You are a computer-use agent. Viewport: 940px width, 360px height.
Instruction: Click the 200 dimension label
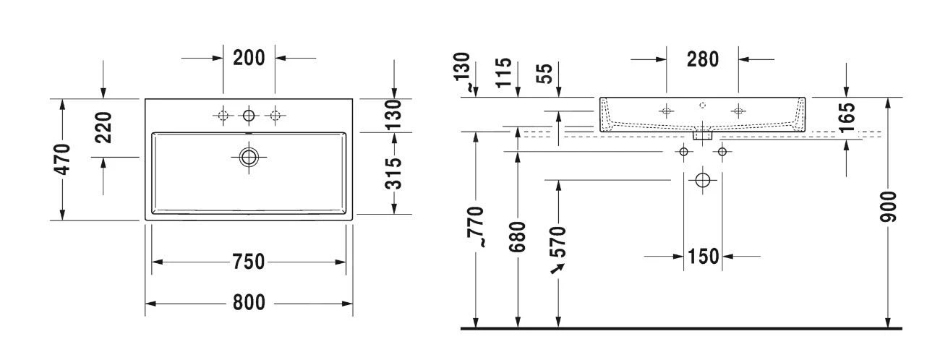click(x=249, y=58)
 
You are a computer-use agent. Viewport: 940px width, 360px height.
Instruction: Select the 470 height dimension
click(x=62, y=159)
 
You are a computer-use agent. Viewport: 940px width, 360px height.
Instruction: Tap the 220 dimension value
click(x=103, y=127)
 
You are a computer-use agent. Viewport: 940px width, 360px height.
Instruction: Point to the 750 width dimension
click(x=249, y=262)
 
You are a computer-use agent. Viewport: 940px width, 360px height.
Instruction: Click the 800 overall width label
click(x=249, y=302)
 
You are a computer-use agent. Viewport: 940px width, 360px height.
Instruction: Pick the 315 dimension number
click(x=393, y=173)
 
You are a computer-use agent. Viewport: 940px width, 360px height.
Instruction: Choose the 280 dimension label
click(x=703, y=59)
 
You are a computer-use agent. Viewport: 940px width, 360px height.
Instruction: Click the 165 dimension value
click(x=847, y=118)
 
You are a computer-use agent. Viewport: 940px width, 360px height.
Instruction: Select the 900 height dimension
click(x=888, y=207)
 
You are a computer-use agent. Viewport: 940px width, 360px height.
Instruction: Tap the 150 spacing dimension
click(x=704, y=256)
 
